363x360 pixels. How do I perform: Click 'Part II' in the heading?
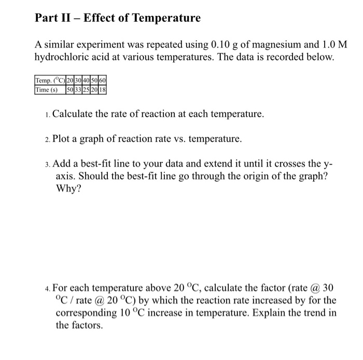click(x=51, y=18)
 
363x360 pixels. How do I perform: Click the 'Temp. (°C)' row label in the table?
click(x=50, y=81)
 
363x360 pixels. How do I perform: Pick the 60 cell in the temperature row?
click(x=109, y=81)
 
